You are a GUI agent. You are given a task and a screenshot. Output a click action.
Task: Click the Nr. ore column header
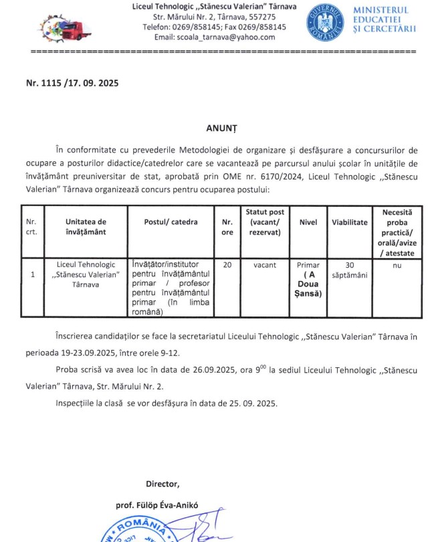click(x=227, y=227)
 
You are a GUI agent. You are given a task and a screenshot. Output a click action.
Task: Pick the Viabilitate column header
click(x=350, y=221)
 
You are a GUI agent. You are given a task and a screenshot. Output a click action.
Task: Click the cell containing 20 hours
click(x=227, y=265)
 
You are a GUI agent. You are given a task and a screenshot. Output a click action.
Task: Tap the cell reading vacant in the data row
click(x=265, y=265)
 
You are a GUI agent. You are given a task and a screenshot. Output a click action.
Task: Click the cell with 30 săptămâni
click(x=350, y=270)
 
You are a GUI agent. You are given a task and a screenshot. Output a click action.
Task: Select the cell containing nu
click(x=397, y=265)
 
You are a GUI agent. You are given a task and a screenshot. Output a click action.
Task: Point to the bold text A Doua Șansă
click(x=308, y=284)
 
